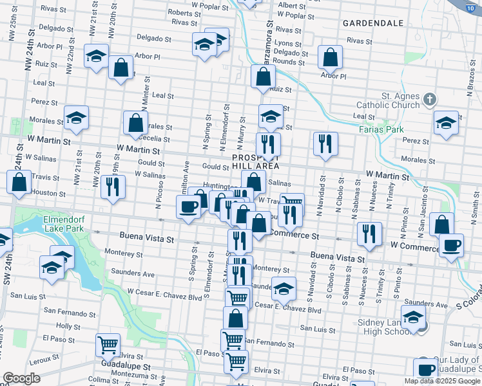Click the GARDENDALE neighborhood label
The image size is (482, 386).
click(373, 23)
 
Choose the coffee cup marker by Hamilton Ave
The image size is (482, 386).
click(188, 207)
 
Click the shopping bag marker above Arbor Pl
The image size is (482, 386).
click(331, 58)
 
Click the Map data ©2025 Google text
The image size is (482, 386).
click(443, 381)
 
